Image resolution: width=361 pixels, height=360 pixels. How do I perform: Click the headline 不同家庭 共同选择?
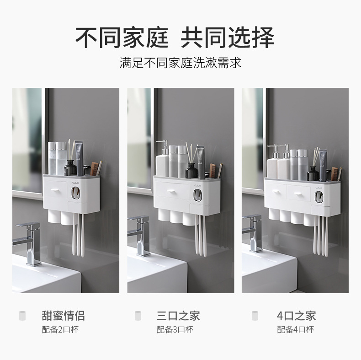click(175, 38)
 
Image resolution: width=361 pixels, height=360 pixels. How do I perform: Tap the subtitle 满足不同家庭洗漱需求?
click(180, 63)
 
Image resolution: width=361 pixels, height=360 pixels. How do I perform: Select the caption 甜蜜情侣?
click(64, 316)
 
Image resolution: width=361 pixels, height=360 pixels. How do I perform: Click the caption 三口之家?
click(178, 316)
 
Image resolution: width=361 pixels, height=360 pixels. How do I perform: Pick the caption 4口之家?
click(296, 316)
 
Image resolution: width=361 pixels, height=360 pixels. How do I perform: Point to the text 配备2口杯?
click(60, 329)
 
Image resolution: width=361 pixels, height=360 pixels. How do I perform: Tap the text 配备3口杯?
click(175, 329)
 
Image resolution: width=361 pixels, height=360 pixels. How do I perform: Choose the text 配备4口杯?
click(296, 329)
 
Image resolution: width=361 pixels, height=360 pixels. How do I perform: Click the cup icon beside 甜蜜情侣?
click(22, 316)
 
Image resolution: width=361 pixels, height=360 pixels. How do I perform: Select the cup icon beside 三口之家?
click(138, 316)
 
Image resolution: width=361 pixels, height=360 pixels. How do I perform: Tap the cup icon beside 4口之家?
click(255, 316)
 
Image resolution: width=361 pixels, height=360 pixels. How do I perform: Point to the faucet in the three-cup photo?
click(139, 236)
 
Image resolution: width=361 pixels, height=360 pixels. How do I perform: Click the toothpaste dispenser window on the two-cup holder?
click(75, 193)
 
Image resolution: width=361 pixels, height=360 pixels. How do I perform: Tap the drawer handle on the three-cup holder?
click(171, 191)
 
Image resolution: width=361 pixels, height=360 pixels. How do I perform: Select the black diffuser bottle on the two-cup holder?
click(70, 168)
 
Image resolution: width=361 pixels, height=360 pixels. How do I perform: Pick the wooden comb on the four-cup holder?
click(334, 173)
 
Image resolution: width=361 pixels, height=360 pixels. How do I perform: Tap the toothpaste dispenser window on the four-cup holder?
click(319, 197)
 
